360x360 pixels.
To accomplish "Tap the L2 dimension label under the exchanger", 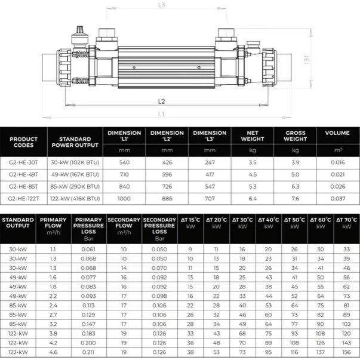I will [162, 101].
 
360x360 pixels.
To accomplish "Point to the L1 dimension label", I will [162, 113].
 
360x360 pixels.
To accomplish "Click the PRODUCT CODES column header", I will [24, 140].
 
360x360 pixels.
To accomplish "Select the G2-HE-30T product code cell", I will [24, 161].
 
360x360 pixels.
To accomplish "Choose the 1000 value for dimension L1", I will [125, 198].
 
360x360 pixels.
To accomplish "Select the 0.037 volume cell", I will [338, 198].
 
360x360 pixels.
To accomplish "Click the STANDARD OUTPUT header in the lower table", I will [18, 223].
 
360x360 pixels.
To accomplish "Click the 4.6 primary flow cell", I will [53, 352].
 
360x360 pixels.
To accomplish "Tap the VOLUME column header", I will [338, 133].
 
